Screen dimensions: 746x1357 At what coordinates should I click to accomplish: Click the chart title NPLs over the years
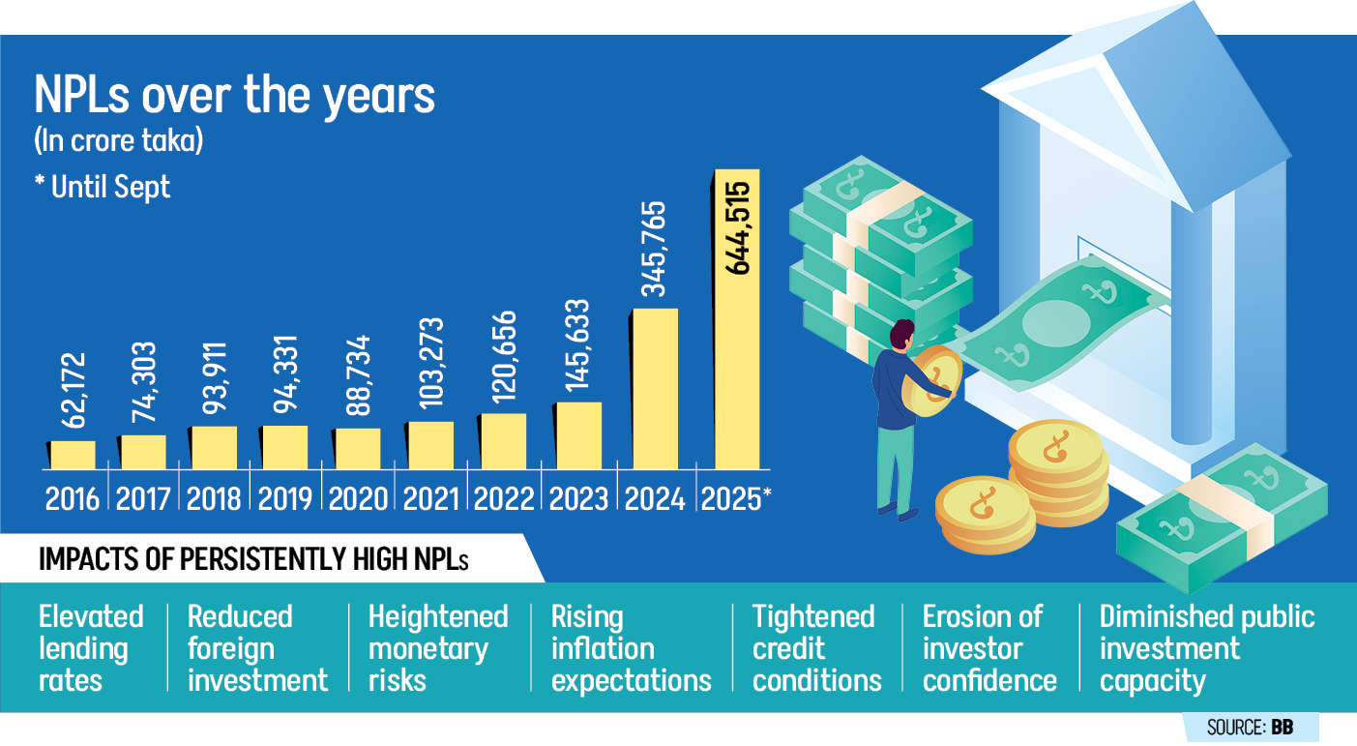(234, 98)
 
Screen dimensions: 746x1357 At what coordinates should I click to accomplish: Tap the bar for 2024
(656, 388)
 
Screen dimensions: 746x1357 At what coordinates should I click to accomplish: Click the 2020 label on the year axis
(358, 497)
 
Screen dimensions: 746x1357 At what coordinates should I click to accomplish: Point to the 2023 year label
(578, 497)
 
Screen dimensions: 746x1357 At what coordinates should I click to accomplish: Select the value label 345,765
(656, 250)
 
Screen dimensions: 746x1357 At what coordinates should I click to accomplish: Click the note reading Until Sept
(103, 186)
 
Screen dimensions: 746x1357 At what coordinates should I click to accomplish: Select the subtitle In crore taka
(118, 141)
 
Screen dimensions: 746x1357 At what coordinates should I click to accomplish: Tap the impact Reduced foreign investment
(257, 648)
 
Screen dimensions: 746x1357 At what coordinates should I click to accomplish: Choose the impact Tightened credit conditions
(815, 648)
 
